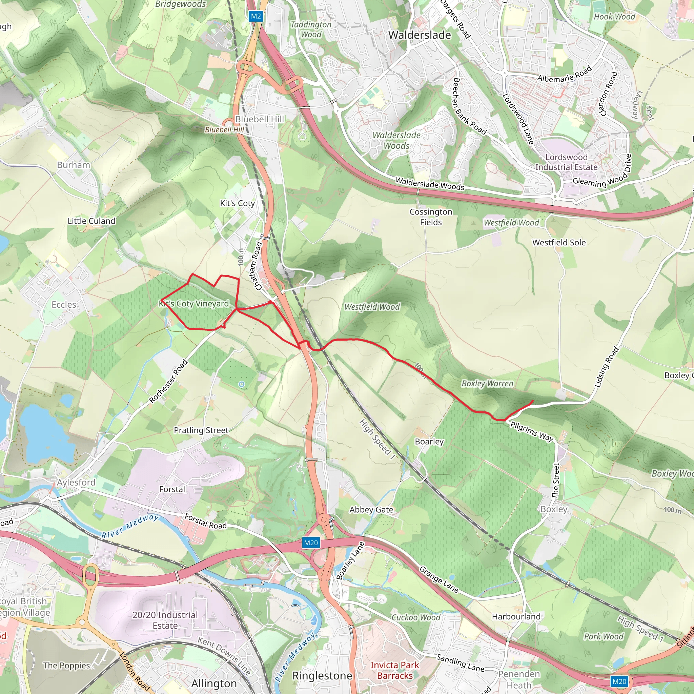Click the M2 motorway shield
click(x=256, y=16)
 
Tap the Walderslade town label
click(x=420, y=35)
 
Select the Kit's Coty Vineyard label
click(x=194, y=304)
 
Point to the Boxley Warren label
click(x=487, y=384)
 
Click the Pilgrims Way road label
click(x=532, y=431)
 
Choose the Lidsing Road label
click(x=607, y=367)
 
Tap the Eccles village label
click(x=64, y=305)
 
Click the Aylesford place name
click(x=76, y=483)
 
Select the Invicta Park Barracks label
click(x=395, y=670)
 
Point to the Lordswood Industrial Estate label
click(x=566, y=162)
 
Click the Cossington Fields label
click(x=431, y=217)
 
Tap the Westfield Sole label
click(x=559, y=243)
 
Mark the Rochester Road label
click(x=168, y=381)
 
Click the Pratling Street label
click(x=201, y=430)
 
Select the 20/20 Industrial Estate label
click(x=165, y=620)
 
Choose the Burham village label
click(x=74, y=165)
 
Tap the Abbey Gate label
click(x=371, y=509)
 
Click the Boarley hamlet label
click(x=429, y=442)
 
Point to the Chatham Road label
click(x=258, y=266)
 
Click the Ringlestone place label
click(x=322, y=676)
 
